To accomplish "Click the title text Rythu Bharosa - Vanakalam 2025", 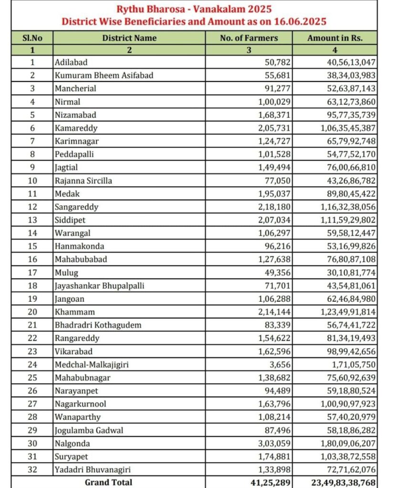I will [x=194, y=9].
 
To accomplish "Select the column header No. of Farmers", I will [x=249, y=38].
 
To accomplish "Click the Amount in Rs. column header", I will [x=335, y=38].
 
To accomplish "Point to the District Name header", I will [x=129, y=38].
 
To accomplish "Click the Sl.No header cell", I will [x=32, y=38].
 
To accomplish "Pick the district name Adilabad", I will [x=71, y=62].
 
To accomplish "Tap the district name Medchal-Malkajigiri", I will [x=92, y=365].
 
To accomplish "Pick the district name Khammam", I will [x=75, y=312].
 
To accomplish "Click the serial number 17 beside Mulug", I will [x=32, y=273].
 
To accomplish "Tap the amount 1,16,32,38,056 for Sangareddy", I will [x=346, y=207].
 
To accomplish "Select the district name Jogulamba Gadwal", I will [x=89, y=431].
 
